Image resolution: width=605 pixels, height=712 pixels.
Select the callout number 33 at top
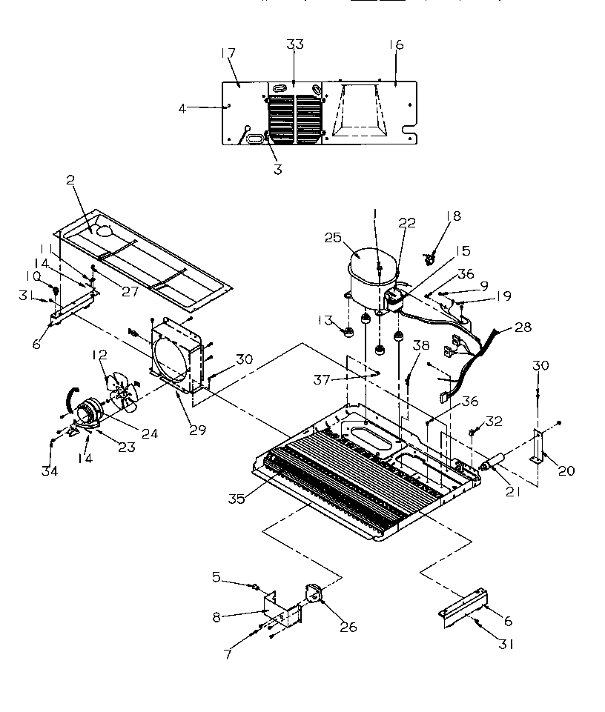(294, 45)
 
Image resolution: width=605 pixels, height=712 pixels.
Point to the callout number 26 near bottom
(347, 628)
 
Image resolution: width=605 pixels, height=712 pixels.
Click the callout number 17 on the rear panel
(228, 54)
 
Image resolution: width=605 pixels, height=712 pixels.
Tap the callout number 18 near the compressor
(453, 216)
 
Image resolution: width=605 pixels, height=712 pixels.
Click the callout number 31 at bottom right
(506, 645)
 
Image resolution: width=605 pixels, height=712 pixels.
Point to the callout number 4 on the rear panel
(182, 107)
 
